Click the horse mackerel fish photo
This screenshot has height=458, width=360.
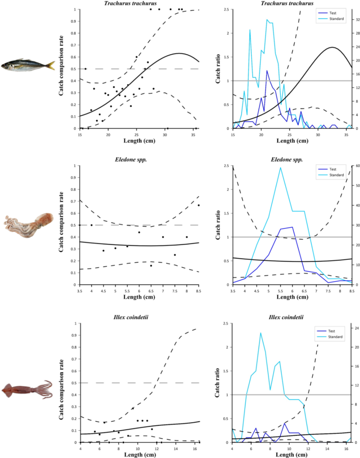pyautogui.click(x=28, y=65)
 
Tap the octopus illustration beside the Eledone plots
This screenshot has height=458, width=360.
pyautogui.click(x=28, y=225)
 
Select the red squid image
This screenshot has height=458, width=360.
pyautogui.click(x=27, y=390)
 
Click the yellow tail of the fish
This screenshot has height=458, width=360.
pyautogui.click(x=51, y=65)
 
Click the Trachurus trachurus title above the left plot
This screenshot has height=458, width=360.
pyautogui.click(x=130, y=4)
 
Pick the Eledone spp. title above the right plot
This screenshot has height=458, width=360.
pyautogui.click(x=287, y=159)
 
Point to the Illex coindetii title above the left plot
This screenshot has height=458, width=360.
pyautogui.click(x=131, y=317)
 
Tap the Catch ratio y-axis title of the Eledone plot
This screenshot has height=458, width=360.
pyautogui.click(x=218, y=225)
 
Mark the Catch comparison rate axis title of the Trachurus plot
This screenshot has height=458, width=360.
pyautogui.click(x=61, y=65)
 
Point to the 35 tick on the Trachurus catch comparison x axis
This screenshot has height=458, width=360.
pyautogui.click(x=193, y=135)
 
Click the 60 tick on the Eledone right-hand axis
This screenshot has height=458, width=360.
pyautogui.click(x=358, y=166)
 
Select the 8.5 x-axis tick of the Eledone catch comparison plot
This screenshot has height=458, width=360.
pyautogui.click(x=199, y=291)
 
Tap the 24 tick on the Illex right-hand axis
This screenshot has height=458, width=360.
pyautogui.click(x=357, y=328)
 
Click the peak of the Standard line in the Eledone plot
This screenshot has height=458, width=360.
pyautogui.click(x=281, y=168)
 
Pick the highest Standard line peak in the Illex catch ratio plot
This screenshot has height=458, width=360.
pyautogui.click(x=261, y=333)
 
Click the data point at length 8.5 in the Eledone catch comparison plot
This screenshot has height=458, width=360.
pyautogui.click(x=199, y=206)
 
